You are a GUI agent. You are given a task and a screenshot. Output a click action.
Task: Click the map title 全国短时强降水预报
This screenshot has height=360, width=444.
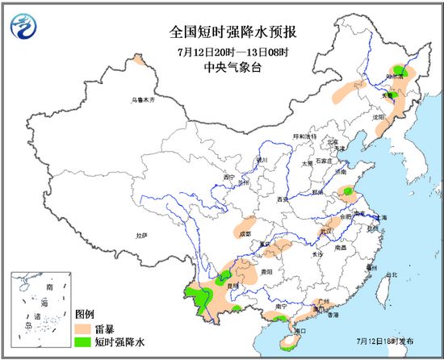[222, 32]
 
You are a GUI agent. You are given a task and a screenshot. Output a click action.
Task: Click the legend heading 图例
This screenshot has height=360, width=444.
[85, 314]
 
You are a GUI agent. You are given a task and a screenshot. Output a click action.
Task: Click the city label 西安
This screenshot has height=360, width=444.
[282, 198]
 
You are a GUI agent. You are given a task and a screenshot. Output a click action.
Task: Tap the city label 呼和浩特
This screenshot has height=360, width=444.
[304, 136]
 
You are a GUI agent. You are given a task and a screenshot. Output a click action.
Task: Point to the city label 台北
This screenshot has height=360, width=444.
[392, 275]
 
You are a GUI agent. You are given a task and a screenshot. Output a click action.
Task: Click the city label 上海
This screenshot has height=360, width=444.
[380, 218]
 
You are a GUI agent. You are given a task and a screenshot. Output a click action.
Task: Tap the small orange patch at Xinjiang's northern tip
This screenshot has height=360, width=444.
[139, 60]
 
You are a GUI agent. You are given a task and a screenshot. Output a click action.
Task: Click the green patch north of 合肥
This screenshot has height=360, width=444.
[348, 192]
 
